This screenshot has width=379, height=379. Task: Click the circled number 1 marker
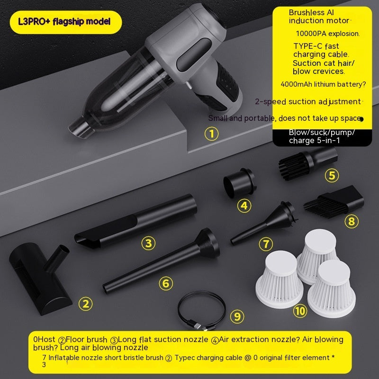click(x=212, y=134)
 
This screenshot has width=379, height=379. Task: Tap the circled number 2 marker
click(x=85, y=303)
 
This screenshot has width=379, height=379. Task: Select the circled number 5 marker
click(x=332, y=176)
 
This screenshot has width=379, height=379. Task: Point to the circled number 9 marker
click(x=237, y=316)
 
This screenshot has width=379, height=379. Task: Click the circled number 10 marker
click(x=300, y=311)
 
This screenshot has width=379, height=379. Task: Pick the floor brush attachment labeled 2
click(x=40, y=277)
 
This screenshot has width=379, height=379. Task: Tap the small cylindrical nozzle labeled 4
click(x=238, y=184)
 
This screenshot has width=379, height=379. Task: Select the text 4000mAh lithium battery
click(x=323, y=84)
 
